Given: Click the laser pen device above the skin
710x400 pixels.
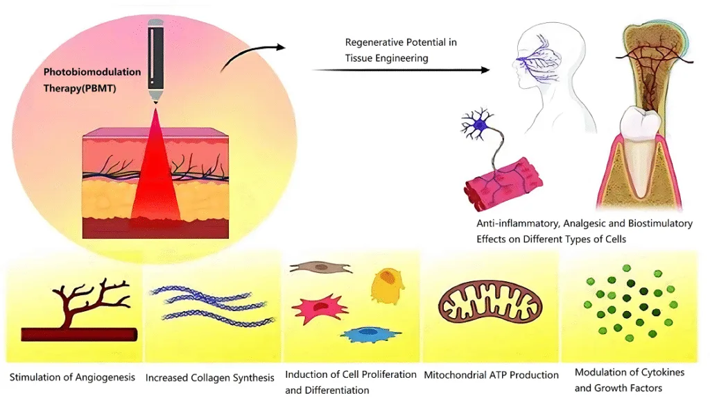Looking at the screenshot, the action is pos(155,61).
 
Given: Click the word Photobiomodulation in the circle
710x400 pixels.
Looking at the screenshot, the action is pos(92,72).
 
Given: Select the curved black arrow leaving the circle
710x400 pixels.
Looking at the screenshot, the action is pos(252,57).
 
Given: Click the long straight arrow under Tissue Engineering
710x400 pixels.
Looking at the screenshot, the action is pos(401,70).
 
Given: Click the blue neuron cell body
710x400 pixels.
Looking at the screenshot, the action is pos(480,124).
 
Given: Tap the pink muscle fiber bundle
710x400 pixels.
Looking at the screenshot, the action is pos(503,183).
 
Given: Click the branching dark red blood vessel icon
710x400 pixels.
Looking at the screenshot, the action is pos(80,311).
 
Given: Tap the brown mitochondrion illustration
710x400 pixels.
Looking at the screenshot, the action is pos(490,302).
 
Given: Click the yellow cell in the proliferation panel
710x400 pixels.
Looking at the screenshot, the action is pos(387,285).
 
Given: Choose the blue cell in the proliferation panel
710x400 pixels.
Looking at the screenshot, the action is pos(370,334).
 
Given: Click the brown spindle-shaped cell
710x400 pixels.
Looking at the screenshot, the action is pos(320,267).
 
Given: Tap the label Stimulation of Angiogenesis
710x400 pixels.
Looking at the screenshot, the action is pos(72,377).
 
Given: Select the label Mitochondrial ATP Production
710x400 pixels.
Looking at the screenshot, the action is pos(492,375).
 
